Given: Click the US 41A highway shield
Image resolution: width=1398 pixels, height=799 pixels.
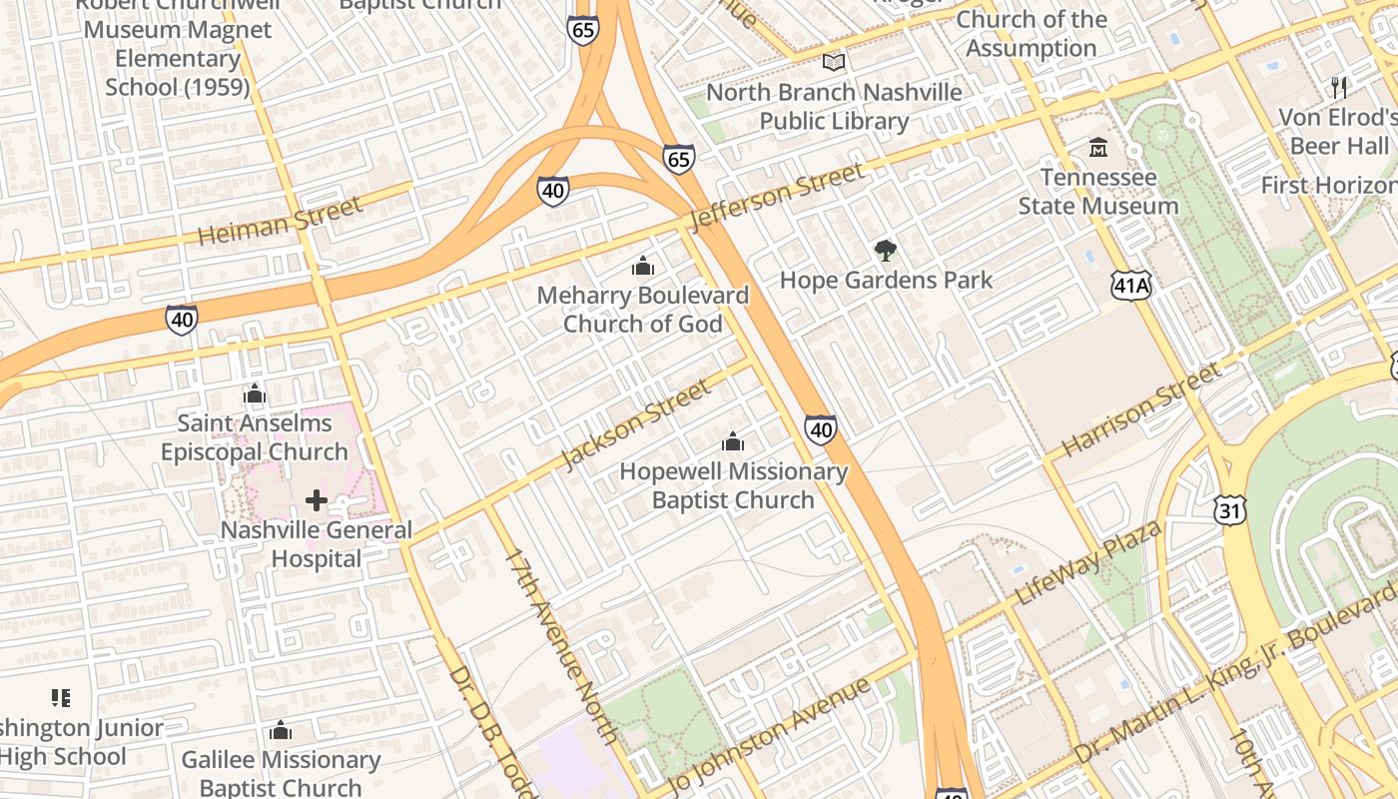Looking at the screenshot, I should (1131, 286).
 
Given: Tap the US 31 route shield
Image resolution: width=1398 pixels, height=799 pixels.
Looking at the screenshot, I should (1230, 510).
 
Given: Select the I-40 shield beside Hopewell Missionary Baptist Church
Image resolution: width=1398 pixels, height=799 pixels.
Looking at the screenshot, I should (820, 429).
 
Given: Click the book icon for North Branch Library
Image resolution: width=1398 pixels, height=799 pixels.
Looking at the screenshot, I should (834, 62).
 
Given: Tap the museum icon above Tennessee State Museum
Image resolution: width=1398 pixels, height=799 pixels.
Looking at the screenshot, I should (1098, 148).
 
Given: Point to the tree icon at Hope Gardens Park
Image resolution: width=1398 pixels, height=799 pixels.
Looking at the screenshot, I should (885, 251).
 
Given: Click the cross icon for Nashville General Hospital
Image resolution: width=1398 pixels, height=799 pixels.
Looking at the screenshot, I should (317, 499).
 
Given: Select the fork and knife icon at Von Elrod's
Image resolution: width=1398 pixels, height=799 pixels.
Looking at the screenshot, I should (1339, 87).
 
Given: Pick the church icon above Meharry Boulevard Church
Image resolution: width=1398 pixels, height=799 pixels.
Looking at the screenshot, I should (642, 266).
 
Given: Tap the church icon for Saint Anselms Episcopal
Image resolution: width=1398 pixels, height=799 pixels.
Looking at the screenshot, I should (255, 394).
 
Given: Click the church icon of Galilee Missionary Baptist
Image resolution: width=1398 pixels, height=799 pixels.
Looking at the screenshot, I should (281, 731).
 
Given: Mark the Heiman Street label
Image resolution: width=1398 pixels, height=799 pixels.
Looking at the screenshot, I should (280, 222).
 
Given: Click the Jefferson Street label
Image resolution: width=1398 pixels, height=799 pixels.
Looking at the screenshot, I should (777, 197).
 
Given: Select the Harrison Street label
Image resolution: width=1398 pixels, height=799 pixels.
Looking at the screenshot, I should (1140, 410).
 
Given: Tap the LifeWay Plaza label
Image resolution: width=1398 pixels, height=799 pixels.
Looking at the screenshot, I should (1087, 561).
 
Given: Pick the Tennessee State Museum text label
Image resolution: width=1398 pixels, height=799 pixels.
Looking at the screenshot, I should (1098, 192).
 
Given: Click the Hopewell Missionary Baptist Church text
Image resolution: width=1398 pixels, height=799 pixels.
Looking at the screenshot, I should (733, 485).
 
